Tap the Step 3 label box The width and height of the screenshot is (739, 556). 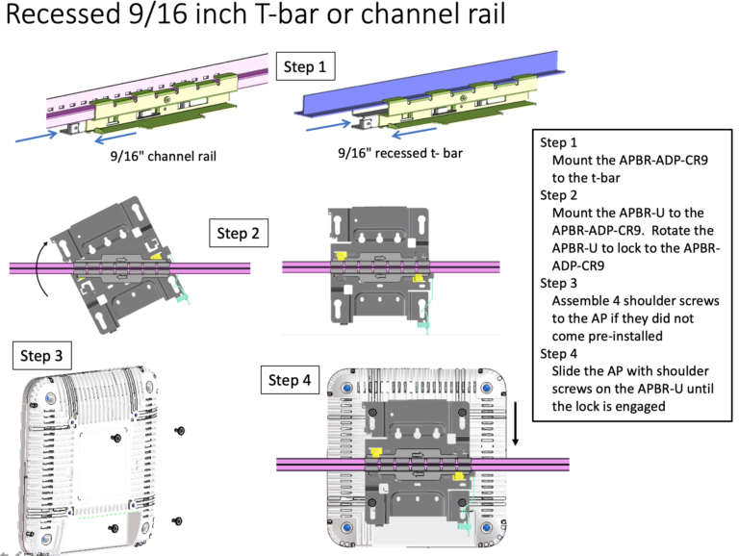point(43,356)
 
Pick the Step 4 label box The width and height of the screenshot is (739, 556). point(290,380)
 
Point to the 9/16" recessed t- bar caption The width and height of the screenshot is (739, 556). point(389,153)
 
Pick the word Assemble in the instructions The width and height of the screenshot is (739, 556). point(586,301)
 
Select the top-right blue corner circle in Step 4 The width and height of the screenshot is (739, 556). point(487,388)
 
